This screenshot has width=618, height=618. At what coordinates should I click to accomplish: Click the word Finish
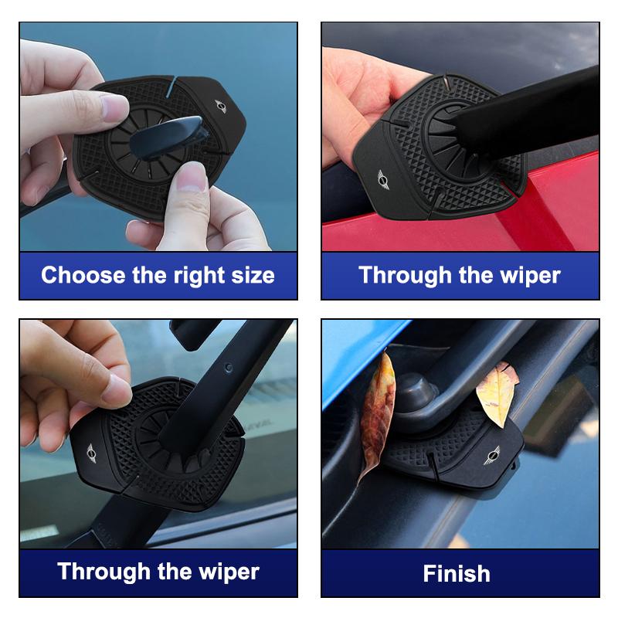457,574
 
